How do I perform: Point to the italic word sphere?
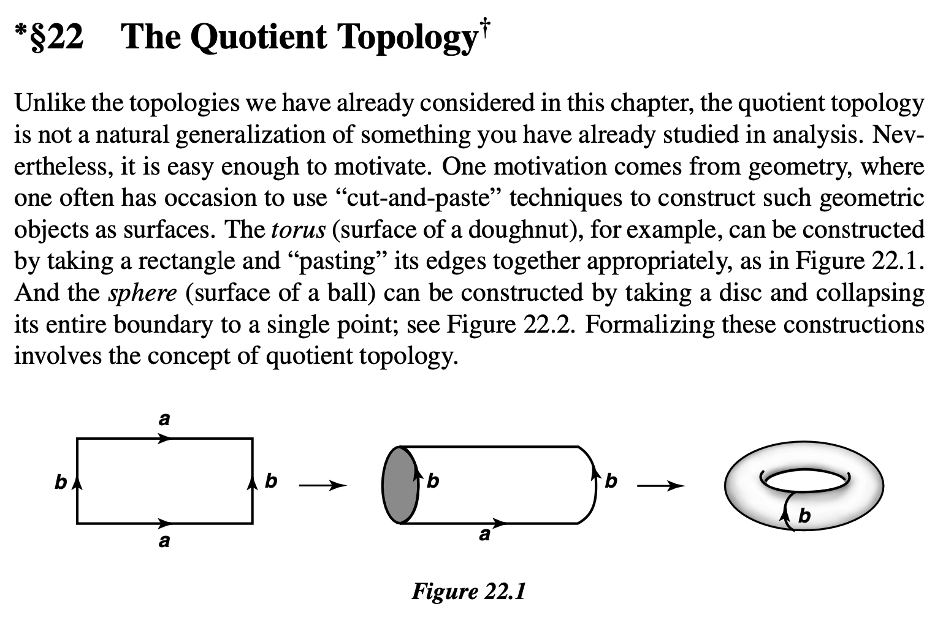[142, 293]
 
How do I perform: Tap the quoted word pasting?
[337, 262]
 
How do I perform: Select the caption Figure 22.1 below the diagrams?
[468, 591]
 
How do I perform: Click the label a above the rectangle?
[164, 420]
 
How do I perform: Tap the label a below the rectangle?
[164, 541]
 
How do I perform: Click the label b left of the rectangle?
[60, 483]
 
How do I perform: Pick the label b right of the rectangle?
[271, 482]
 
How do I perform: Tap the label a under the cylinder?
[484, 535]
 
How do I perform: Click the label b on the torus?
[804, 516]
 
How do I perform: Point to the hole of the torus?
[804, 480]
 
